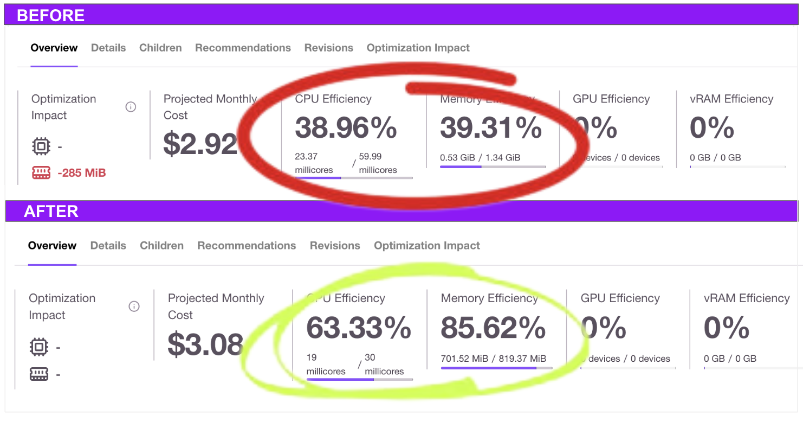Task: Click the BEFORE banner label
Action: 50,15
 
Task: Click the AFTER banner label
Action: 51,211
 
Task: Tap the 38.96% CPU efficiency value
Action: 346,128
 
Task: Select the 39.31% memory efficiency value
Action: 490,128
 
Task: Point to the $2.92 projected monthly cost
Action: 200,144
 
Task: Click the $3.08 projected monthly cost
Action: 205,344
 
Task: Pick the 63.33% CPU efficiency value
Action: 358,328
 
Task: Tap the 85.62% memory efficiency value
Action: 493,328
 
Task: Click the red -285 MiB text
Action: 82,173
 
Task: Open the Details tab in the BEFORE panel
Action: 108,48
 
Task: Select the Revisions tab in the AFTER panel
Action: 334,246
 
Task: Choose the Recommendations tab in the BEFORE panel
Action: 243,48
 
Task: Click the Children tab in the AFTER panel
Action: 161,246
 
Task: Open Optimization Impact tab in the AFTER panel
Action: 427,246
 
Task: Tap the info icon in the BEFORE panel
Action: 131,107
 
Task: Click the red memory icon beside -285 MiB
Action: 41,173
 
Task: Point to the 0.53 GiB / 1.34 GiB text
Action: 480,158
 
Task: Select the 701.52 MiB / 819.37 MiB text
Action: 494,359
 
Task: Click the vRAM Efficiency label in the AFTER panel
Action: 746,298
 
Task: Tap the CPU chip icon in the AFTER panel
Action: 38,347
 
